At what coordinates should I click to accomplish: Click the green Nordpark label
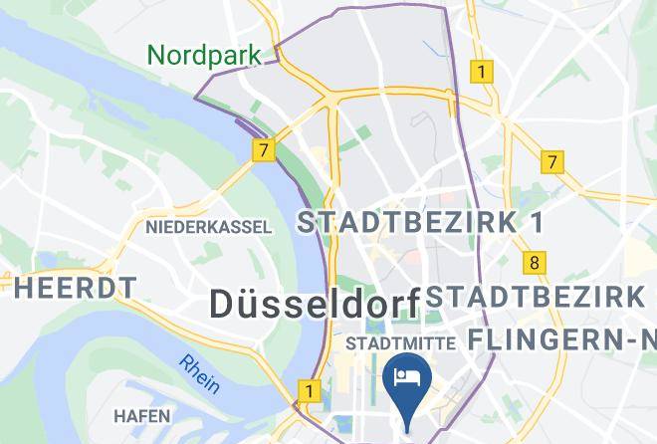point(204,54)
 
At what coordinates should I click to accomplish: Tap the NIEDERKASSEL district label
point(208,227)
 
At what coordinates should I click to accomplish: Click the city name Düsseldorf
point(314,304)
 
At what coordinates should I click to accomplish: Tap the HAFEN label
point(142,415)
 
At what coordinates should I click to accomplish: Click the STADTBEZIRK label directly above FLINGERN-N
point(537,297)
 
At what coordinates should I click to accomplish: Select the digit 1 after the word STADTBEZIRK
point(536,222)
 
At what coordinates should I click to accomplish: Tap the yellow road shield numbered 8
point(536,263)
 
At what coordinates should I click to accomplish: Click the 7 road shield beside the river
point(263,151)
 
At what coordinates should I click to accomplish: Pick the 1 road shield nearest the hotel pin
point(310,391)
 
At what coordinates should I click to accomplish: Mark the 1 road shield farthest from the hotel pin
point(482,72)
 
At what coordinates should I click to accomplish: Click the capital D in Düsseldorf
point(223,304)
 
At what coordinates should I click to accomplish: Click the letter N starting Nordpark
point(156,54)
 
